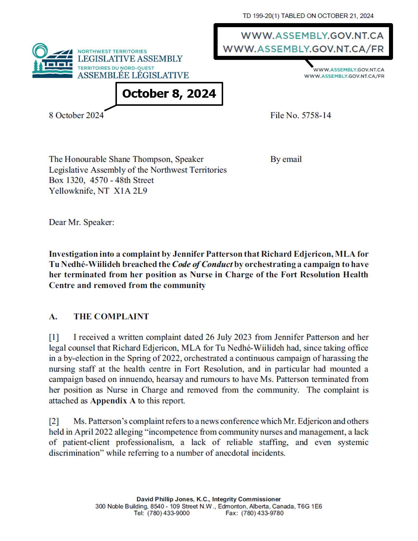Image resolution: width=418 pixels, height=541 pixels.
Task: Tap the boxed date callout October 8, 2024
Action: click(169, 94)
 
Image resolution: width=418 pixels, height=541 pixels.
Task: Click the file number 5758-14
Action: click(316, 115)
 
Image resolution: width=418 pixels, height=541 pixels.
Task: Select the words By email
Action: click(286, 159)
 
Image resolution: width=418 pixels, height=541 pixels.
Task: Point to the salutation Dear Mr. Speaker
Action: click(82, 222)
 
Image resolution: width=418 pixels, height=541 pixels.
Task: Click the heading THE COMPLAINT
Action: click(111, 317)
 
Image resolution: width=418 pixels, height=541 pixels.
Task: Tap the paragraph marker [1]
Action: click(54, 337)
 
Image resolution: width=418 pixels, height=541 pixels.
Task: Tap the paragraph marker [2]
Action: click(54, 421)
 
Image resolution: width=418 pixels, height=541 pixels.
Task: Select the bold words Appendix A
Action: click(113, 401)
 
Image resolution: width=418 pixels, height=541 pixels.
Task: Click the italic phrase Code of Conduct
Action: click(202, 264)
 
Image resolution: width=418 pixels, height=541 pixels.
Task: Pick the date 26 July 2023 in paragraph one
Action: click(228, 337)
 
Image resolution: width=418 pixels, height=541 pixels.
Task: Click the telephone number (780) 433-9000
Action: click(168, 513)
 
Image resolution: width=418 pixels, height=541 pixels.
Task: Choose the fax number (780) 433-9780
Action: click(262, 513)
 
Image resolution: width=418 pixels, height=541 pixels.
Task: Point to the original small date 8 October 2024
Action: click(76, 115)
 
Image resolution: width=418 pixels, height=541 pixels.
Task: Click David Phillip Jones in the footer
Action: click(165, 499)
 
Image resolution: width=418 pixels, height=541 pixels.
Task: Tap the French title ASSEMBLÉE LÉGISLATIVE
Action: click(133, 75)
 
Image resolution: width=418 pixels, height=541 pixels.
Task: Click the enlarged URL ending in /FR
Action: click(303, 49)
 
